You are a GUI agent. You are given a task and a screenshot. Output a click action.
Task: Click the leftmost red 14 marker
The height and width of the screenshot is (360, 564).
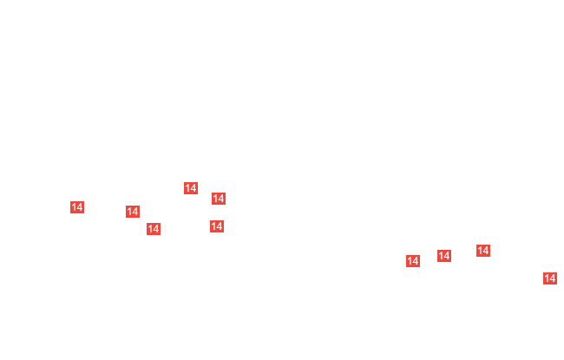click(x=77, y=207)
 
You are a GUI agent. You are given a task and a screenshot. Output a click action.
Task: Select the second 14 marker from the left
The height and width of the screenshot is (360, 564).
click(x=133, y=212)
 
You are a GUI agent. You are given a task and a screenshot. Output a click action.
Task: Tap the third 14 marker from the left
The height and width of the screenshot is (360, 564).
click(x=154, y=229)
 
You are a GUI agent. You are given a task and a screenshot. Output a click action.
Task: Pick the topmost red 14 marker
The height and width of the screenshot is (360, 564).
click(x=191, y=187)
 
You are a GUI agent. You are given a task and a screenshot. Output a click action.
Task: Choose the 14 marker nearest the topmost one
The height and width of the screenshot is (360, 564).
click(x=219, y=198)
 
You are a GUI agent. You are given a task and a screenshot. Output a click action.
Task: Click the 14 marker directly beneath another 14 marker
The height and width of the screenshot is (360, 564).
click(x=217, y=226)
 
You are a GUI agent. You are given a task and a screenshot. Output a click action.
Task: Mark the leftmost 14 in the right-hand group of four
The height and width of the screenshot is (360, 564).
click(x=413, y=261)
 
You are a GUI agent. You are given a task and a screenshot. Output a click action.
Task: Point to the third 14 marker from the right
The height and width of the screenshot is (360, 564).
click(x=444, y=256)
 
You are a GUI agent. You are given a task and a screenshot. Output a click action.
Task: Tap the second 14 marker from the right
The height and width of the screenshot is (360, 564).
click(x=483, y=251)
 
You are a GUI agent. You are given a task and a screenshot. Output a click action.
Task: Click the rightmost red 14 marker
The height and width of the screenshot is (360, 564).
click(x=550, y=278)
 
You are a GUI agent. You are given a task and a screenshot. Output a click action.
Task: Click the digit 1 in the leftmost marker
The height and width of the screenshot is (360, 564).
click(x=74, y=207)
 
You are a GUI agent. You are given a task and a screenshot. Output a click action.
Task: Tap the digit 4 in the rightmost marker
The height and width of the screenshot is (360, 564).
click(x=553, y=278)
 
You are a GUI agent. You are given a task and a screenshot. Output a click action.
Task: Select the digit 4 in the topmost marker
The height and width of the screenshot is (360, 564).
click(x=193, y=187)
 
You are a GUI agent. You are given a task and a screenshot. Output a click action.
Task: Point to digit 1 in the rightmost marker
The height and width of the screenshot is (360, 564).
click(x=547, y=278)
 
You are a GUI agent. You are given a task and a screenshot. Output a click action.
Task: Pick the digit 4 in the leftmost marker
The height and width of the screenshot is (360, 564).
click(x=80, y=207)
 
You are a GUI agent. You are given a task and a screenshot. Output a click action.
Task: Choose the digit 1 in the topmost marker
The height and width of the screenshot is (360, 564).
click(x=187, y=187)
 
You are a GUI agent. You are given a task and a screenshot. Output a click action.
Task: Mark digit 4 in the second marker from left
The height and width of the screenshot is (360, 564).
click(x=135, y=212)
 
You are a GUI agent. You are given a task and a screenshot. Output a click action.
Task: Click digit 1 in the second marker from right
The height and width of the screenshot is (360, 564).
click(x=480, y=251)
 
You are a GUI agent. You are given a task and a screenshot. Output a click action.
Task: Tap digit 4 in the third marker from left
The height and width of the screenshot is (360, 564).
click(x=156, y=229)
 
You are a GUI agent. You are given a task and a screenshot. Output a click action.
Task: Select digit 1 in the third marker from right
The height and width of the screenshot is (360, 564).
click(x=441, y=256)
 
